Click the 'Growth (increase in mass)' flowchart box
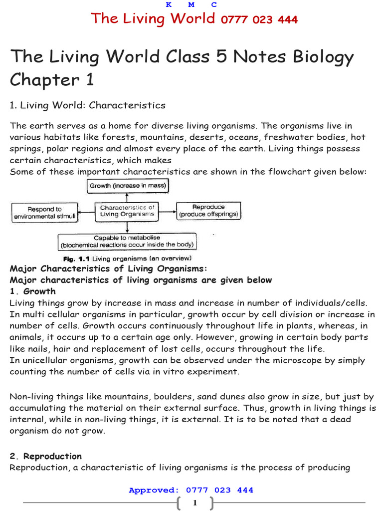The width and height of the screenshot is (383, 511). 128,186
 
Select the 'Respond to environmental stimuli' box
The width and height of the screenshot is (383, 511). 44,213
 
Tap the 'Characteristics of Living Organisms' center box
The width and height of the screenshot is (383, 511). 127,211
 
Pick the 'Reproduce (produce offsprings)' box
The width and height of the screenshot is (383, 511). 208,211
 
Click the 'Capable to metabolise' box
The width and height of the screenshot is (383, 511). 127,242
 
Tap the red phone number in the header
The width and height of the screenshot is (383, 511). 259,19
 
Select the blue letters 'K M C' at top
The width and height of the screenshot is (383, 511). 191,4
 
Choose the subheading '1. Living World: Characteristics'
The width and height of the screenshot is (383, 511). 87,105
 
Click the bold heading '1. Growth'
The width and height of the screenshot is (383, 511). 33,291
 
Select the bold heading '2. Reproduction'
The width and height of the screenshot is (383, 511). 46,456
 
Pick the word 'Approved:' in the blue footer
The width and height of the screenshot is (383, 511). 154,490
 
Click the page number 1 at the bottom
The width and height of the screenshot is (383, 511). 194,503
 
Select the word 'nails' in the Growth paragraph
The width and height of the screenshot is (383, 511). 39,349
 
